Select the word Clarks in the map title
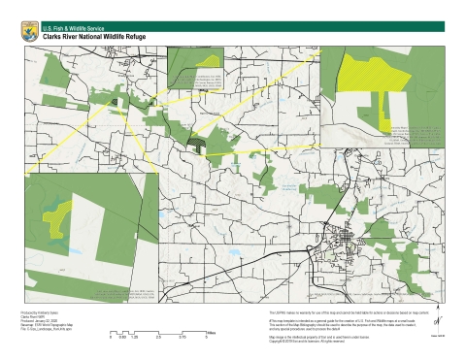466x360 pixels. pyautogui.click(x=54, y=36)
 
